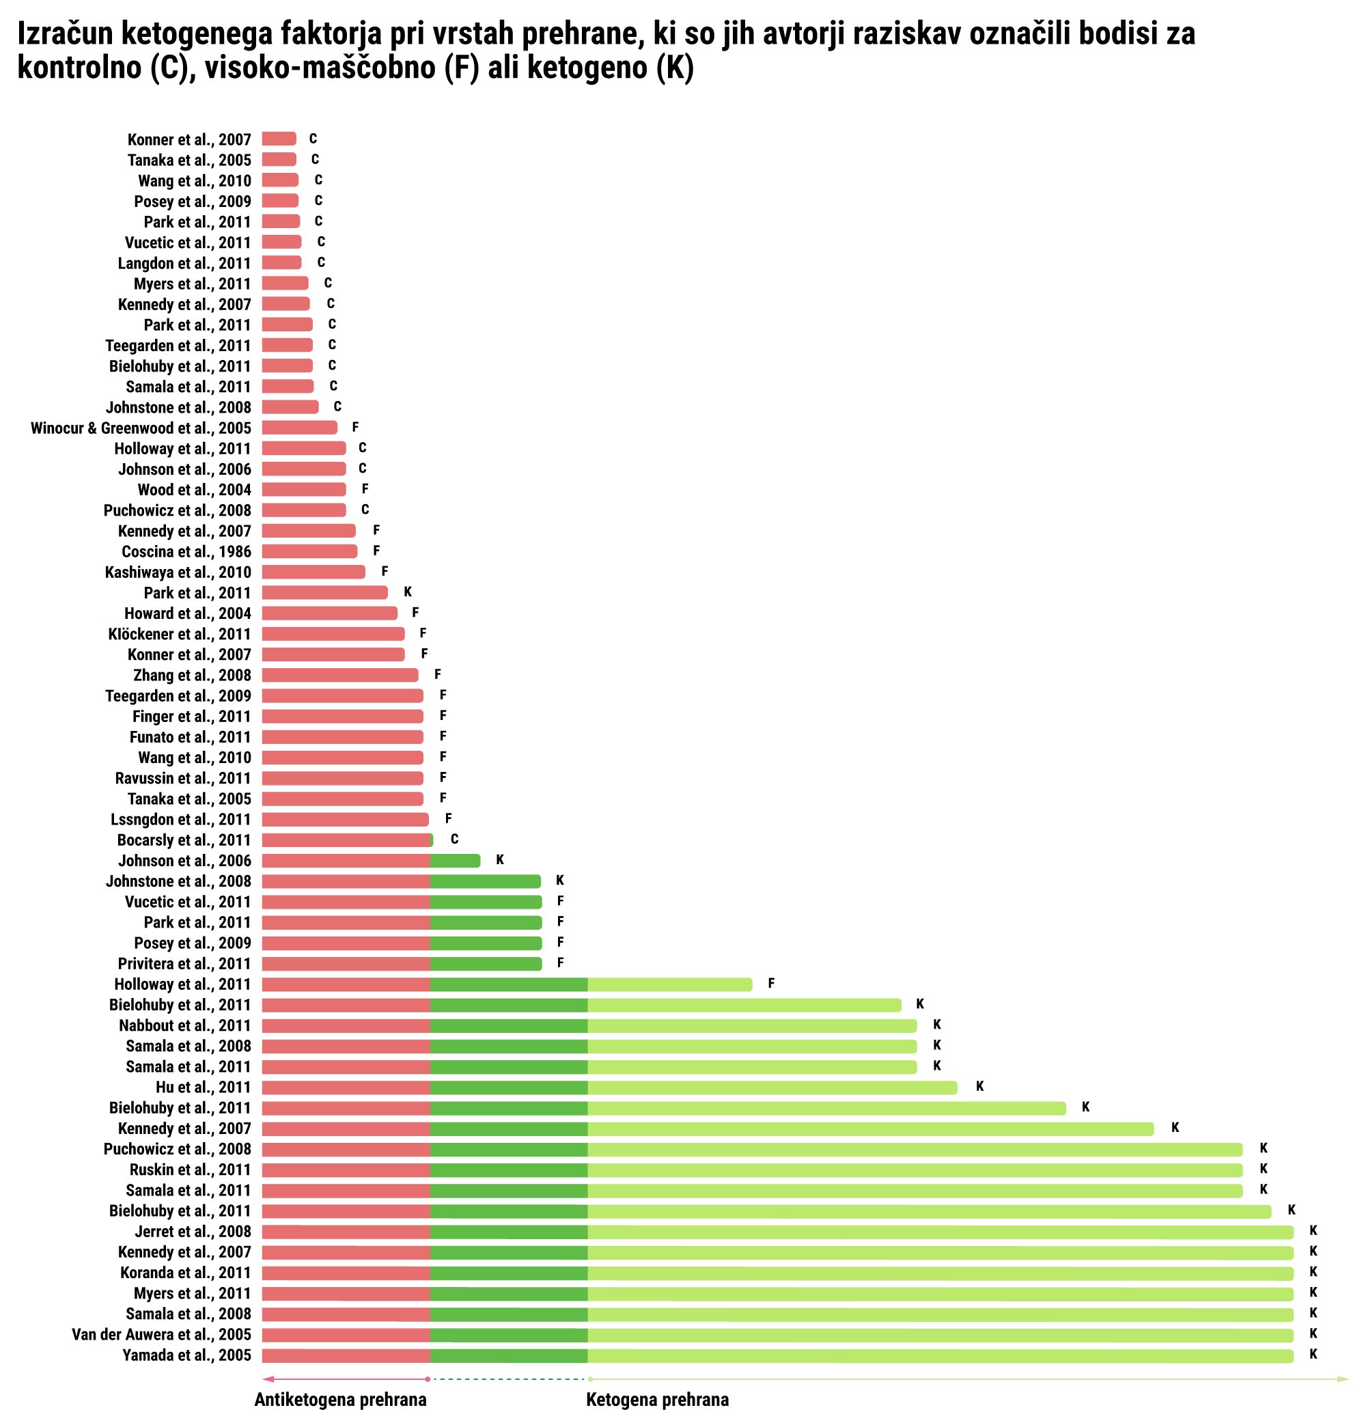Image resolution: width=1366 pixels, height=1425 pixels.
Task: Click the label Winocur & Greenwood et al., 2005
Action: click(140, 428)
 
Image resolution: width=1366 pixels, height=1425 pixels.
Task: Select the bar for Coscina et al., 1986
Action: click(309, 551)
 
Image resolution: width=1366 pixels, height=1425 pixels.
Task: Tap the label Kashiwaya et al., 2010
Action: click(178, 572)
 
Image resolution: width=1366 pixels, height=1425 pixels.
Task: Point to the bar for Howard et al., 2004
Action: click(329, 613)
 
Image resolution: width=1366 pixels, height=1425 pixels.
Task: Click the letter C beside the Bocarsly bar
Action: click(454, 839)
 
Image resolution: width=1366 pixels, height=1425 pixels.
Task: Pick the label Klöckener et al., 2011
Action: click(179, 634)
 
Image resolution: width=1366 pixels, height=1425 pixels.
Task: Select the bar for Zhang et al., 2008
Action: click(339, 675)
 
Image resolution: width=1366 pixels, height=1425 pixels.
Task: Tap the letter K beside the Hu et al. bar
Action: click(979, 1086)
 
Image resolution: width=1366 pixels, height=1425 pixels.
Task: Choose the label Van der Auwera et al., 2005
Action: click(161, 1334)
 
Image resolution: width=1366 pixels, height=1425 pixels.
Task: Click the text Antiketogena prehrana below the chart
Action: click(340, 1400)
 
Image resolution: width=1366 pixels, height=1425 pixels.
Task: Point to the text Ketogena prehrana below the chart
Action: click(657, 1400)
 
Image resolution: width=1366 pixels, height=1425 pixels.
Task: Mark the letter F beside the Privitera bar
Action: click(561, 963)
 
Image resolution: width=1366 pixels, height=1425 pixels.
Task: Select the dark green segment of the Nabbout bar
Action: click(508, 1025)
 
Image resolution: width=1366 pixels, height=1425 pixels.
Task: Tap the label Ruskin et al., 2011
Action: click(190, 1169)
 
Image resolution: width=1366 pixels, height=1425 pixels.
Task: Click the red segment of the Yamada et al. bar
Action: click(346, 1355)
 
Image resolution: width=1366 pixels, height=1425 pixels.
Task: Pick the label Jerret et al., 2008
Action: click(193, 1231)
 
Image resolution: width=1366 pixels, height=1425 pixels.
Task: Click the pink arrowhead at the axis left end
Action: click(267, 1379)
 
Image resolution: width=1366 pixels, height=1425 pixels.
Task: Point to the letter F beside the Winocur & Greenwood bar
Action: click(355, 427)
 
